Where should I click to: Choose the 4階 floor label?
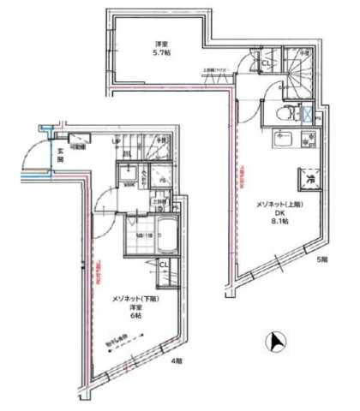coord(176,362)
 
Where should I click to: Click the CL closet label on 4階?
coord(163,265)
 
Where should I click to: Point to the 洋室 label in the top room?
coord(160,43)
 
